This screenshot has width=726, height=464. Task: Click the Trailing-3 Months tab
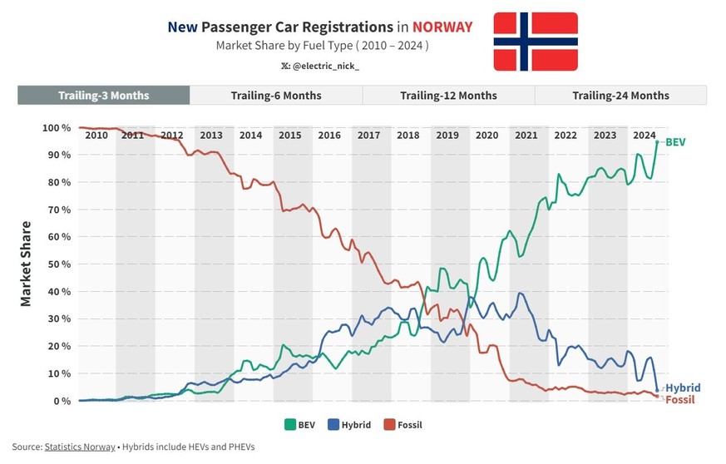(x=104, y=96)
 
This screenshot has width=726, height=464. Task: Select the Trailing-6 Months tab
(x=276, y=96)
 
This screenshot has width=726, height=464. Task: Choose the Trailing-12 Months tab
(x=448, y=96)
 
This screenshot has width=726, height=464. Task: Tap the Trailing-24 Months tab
(x=620, y=96)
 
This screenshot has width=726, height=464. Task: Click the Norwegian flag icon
(x=536, y=42)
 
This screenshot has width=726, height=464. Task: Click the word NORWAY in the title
(x=442, y=27)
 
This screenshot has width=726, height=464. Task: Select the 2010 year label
(x=96, y=136)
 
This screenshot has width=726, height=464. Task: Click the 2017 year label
(x=368, y=136)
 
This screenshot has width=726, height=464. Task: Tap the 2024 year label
(x=644, y=136)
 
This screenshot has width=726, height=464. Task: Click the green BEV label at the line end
(x=675, y=142)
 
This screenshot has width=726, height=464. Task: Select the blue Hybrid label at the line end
(x=683, y=388)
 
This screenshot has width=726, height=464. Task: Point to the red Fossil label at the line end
(x=680, y=400)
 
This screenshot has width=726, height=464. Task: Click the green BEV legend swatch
(x=290, y=425)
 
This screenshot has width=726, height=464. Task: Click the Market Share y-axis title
(x=26, y=264)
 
